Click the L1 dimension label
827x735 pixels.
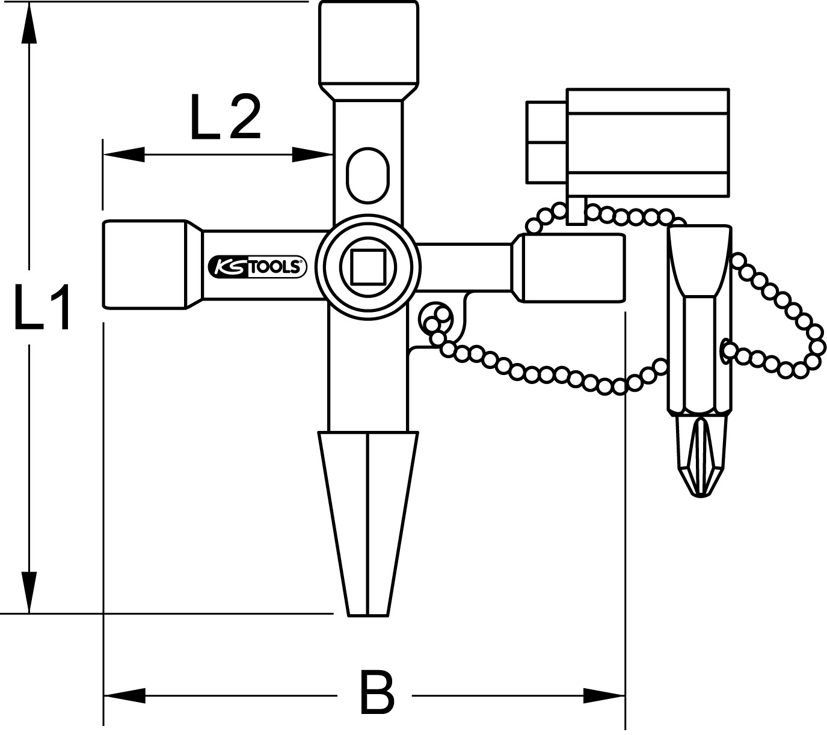point(42,308)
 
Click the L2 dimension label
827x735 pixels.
point(225,118)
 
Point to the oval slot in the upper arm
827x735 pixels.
point(367,175)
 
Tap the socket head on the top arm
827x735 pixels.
point(367,45)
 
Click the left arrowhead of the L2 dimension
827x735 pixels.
point(123,155)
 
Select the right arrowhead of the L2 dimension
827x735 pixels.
point(313,155)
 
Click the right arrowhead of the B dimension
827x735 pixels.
point(604,696)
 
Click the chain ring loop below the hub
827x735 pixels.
point(437,320)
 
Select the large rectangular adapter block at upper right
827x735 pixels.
point(647,142)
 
